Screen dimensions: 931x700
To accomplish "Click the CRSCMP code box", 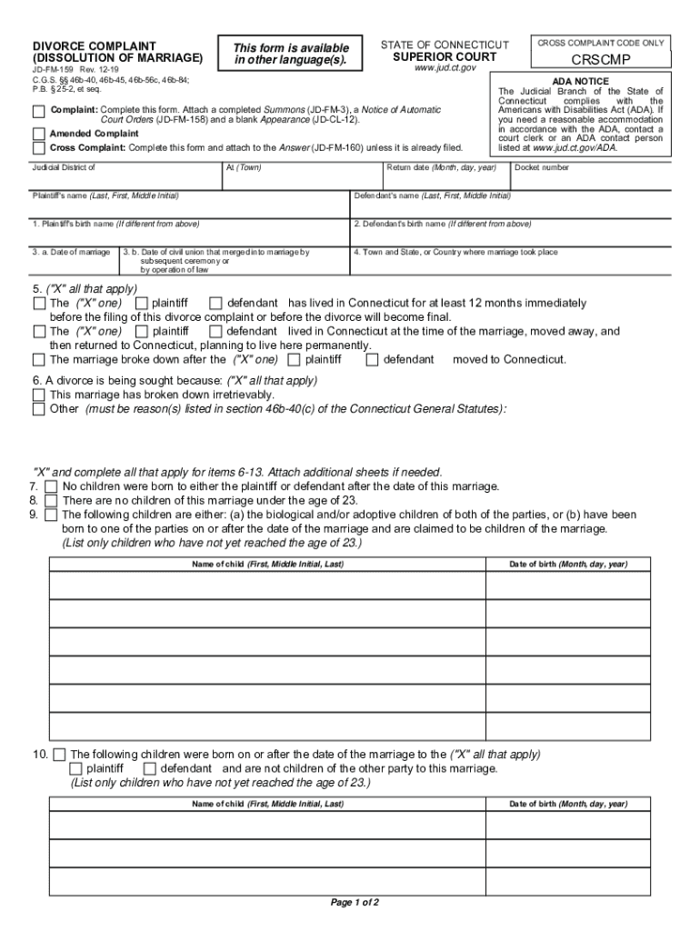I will [600, 61].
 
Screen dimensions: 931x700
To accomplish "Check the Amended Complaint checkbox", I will [38, 134].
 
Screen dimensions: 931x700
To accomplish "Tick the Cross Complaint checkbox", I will [38, 147].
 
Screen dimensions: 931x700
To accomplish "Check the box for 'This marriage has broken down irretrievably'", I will [38, 395].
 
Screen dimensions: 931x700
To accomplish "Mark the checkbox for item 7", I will [51, 486].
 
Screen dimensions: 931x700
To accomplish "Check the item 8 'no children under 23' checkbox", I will [51, 500].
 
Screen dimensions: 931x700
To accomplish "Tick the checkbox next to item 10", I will [59, 755].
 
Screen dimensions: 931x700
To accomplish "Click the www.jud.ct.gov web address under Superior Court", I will [445, 69].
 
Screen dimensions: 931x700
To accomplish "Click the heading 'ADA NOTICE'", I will [580, 82].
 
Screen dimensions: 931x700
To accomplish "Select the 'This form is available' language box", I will [291, 55].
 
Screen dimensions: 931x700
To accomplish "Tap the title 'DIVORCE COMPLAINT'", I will [95, 45].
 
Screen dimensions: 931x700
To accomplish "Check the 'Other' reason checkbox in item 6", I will [38, 409].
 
